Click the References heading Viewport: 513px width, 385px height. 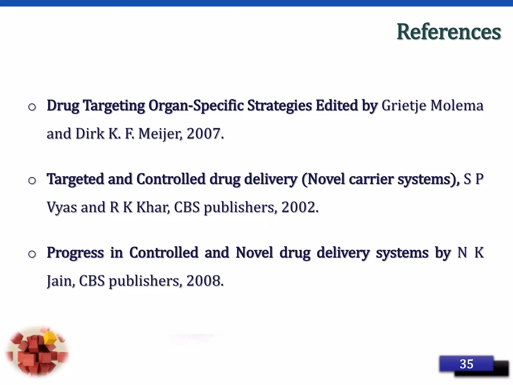(x=449, y=32)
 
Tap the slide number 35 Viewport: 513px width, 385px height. (x=466, y=364)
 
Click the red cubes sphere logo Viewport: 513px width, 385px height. (x=37, y=351)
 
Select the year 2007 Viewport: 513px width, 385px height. (x=204, y=134)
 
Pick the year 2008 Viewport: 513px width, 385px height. (x=204, y=281)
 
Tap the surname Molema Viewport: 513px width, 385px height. (x=457, y=106)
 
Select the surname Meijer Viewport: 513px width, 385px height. (x=160, y=134)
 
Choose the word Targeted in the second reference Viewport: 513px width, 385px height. (x=75, y=179)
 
